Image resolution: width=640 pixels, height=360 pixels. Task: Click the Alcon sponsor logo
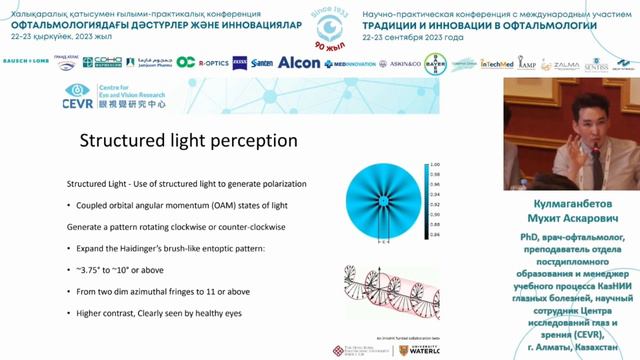299,62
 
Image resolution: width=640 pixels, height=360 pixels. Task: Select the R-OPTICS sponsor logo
213,62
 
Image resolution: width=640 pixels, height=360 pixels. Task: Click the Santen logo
262,62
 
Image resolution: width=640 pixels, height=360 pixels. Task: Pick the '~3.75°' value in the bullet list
92,269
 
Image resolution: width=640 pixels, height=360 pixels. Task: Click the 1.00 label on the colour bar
435,163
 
